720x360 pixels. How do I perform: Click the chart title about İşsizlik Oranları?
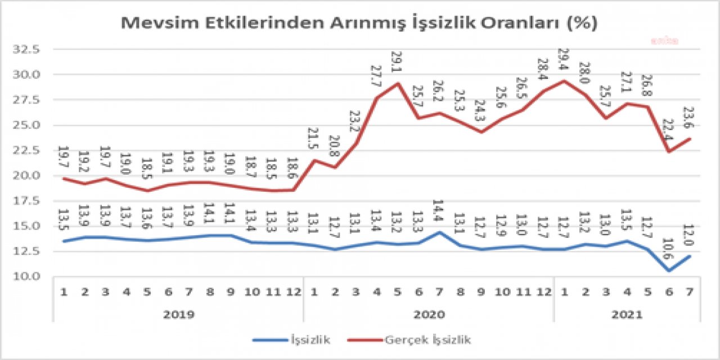(x=359, y=23)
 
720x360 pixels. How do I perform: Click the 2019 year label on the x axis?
(x=179, y=314)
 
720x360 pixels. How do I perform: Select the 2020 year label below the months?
(x=430, y=314)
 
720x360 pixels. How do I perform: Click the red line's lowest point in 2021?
(x=669, y=151)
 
